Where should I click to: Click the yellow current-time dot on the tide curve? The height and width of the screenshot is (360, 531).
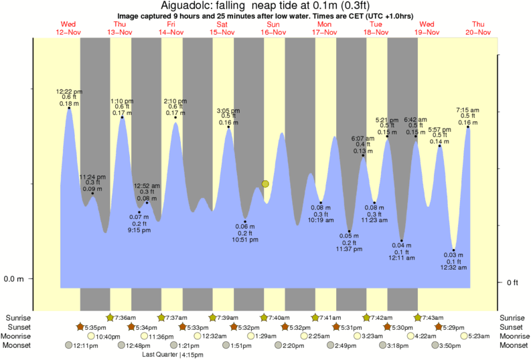pos(266,183)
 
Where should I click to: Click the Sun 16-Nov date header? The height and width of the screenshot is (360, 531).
pos(273,28)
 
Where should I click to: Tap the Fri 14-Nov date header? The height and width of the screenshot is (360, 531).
pos(171,28)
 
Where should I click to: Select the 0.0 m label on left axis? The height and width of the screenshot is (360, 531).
pos(14,278)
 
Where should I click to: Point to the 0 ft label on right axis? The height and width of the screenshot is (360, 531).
pos(513,282)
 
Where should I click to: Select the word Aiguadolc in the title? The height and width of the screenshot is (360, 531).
pos(185,6)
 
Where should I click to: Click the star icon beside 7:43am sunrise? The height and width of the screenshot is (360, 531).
pos(419,317)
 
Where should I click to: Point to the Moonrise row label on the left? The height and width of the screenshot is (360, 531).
pos(21,336)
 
